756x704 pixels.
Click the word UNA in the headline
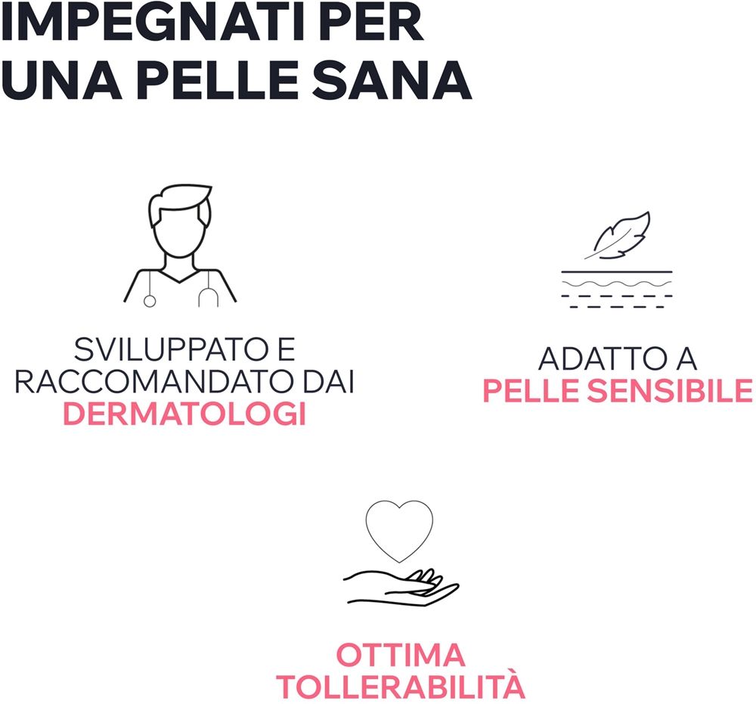(61, 79)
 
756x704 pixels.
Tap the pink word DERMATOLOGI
(184, 414)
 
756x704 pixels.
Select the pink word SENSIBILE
(669, 391)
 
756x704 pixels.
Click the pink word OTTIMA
(400, 654)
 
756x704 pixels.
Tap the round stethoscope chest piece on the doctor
(150, 302)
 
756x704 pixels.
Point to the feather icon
(618, 235)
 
